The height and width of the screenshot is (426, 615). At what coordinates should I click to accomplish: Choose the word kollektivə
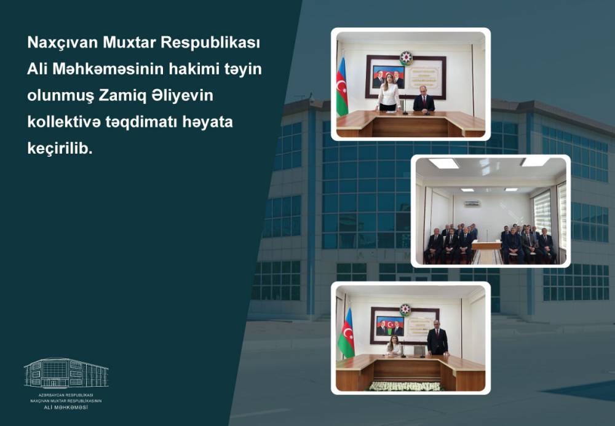click(x=64, y=122)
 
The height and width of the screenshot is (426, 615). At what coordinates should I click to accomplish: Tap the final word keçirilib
click(x=60, y=149)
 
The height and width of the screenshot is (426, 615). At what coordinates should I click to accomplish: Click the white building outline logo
click(x=66, y=373)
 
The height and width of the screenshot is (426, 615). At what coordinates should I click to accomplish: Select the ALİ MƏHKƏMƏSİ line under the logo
click(x=66, y=408)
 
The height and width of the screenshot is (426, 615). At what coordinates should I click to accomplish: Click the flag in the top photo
click(x=341, y=87)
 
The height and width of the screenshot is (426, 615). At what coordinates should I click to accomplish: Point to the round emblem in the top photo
click(x=406, y=58)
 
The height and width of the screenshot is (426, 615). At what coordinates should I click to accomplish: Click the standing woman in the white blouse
click(x=388, y=93)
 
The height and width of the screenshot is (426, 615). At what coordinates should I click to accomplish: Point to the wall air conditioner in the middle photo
click(x=472, y=203)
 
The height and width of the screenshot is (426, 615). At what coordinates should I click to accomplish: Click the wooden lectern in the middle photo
click(x=486, y=252)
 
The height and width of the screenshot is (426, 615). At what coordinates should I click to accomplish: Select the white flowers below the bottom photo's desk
click(x=405, y=387)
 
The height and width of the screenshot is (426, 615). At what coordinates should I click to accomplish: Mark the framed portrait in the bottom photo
click(x=391, y=326)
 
